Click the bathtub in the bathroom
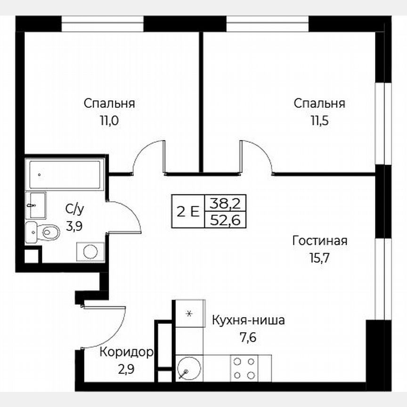point(65,175)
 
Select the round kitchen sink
point(189,367)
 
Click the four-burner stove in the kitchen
point(244,368)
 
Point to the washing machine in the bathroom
point(90,252)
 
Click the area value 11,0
point(109,120)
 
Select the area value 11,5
point(319,120)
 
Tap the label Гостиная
point(319,241)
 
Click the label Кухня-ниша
point(248,321)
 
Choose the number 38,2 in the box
point(225,203)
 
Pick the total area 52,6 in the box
point(225,219)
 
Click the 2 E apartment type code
point(187,211)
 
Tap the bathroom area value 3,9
point(74,227)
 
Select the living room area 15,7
point(319,258)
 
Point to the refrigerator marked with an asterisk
point(189,313)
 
